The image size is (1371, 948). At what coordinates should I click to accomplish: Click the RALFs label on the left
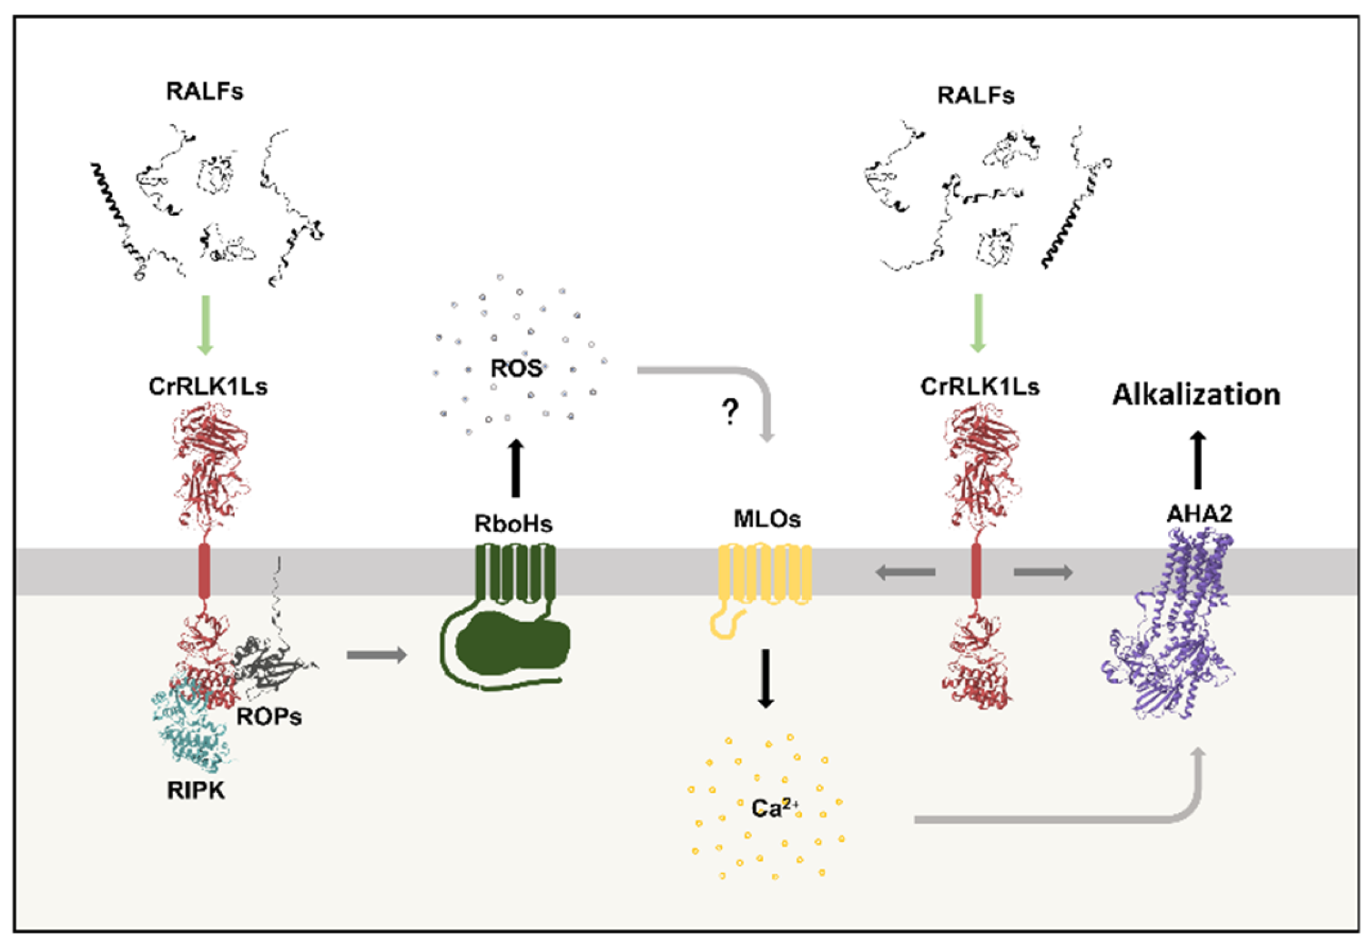204,92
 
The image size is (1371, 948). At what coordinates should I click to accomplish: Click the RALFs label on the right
976,95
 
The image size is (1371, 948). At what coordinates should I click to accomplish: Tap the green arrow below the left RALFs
205,324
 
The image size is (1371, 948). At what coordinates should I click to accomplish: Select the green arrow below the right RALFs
978,322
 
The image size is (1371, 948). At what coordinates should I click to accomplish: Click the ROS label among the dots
516,368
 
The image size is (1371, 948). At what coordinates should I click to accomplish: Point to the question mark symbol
730,412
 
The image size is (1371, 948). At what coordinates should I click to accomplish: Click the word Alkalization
1196,395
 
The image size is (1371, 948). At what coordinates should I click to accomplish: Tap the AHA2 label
1199,514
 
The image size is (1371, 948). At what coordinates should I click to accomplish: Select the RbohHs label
514,524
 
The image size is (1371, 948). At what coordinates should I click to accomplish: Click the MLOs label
767,519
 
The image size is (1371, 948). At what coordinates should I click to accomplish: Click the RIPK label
196,790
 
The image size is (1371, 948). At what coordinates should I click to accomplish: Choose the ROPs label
269,717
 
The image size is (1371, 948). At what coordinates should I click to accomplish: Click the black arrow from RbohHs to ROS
516,467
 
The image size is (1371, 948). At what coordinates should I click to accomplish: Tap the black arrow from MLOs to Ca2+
766,678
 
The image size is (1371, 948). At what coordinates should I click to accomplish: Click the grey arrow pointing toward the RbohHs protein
376,654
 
